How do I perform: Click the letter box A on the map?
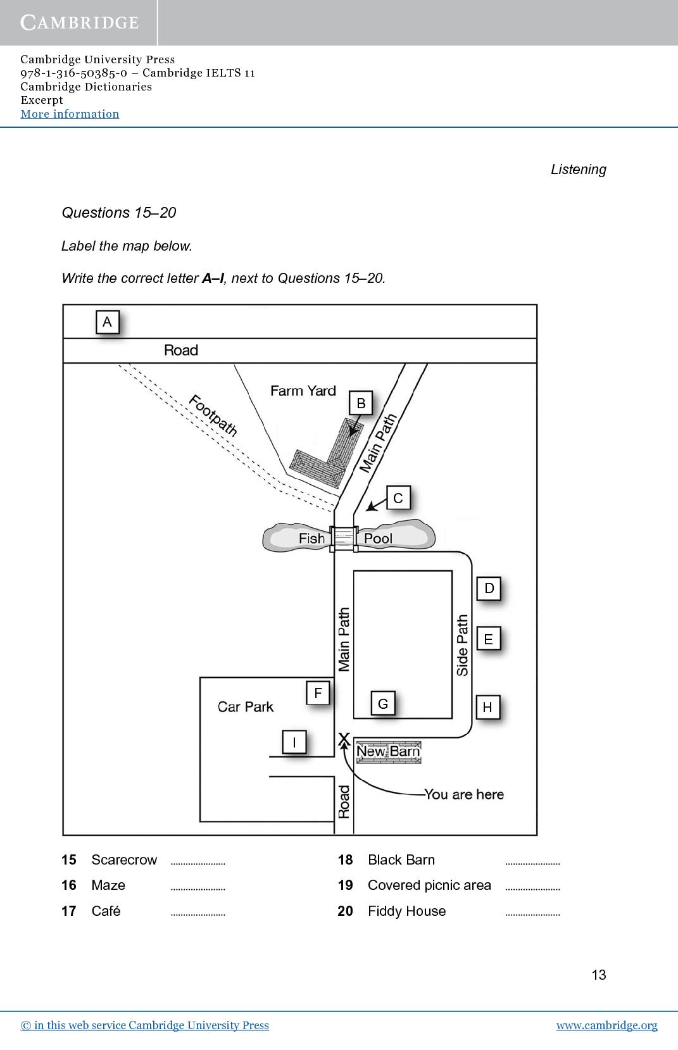[x=108, y=322]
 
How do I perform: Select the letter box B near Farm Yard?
[x=361, y=403]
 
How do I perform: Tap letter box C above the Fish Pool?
[x=399, y=498]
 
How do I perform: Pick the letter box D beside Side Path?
[x=489, y=588]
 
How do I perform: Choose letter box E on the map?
[x=489, y=639]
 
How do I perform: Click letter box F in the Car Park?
[x=318, y=693]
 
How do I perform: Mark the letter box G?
[x=383, y=703]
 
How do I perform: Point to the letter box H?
[x=487, y=708]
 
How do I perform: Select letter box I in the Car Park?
[x=294, y=742]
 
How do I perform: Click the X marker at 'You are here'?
[x=344, y=739]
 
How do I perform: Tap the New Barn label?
[x=388, y=752]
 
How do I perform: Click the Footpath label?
[x=213, y=416]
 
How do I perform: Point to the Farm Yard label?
[x=303, y=391]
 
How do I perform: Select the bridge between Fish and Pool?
[x=344, y=539]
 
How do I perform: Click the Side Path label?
[x=462, y=645]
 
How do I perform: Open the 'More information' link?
[x=70, y=114]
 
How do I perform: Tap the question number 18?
[x=345, y=859]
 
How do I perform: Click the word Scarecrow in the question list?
[x=124, y=859]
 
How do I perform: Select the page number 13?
[x=599, y=975]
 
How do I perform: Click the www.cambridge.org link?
[x=606, y=1025]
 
